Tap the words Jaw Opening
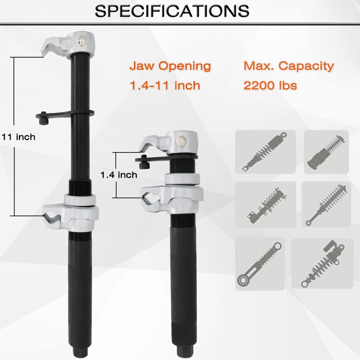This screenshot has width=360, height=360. coord(170,66)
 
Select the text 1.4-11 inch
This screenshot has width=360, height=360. coord(165,85)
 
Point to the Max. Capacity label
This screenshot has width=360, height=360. coord(289,66)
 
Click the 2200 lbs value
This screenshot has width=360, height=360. coord(270,85)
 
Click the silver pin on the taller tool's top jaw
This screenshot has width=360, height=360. coord(82,40)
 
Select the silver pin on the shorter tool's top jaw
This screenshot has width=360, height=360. coord(181,141)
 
